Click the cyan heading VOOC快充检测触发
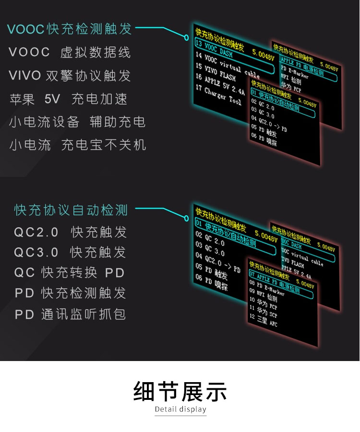[69, 29]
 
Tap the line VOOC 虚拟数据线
[70, 52]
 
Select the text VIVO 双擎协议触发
[70, 76]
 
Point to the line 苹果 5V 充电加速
[69, 99]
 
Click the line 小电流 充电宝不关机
[78, 145]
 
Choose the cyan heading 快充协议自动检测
[71, 210]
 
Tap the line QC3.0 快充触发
[70, 252]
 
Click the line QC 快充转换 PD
[70, 273]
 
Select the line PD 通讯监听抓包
[70, 315]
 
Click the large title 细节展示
[180, 391]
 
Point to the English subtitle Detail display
[180, 409]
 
